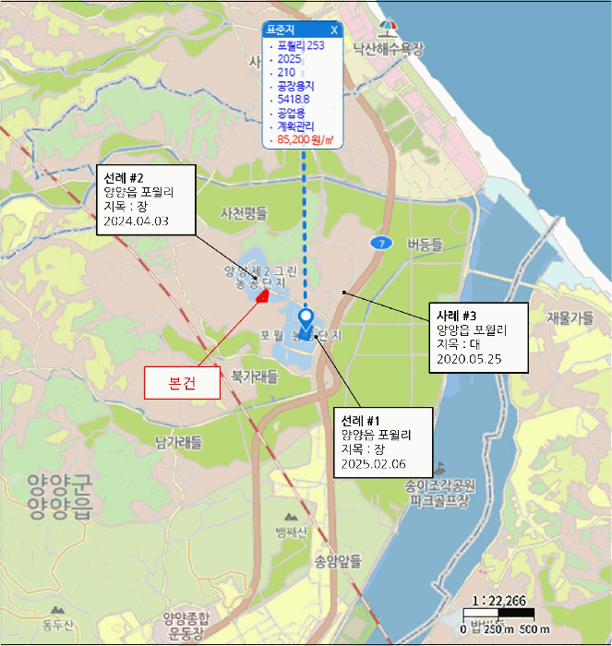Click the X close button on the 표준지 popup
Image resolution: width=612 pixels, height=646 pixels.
pos(334,30)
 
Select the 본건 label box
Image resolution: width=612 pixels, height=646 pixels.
pos(181,383)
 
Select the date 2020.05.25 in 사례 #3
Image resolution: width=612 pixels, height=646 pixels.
pos(469,358)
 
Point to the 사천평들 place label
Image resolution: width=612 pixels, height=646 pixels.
pos(244,213)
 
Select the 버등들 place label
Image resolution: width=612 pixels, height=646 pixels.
pos(425,244)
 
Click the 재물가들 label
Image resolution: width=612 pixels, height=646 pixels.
pos(570,318)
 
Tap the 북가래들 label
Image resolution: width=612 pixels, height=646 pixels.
pos(254,377)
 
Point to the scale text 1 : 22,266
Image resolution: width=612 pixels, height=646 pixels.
pos(498,600)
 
